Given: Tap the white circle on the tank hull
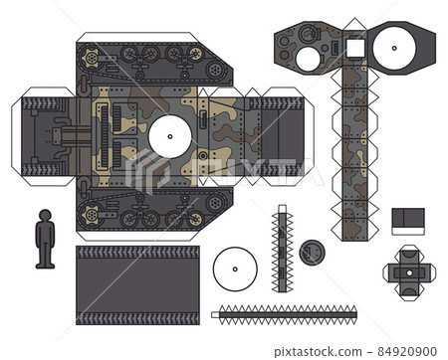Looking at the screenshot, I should coord(169,136).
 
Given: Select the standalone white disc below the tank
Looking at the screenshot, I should coord(235,268).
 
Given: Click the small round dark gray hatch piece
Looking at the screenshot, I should coord(313,254).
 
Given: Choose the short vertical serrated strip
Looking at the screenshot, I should coord(282,249).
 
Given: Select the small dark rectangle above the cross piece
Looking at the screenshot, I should coord(407,221).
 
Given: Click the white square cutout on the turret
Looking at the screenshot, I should coord(354,47).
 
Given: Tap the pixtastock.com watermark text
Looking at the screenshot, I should coord(338,351).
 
